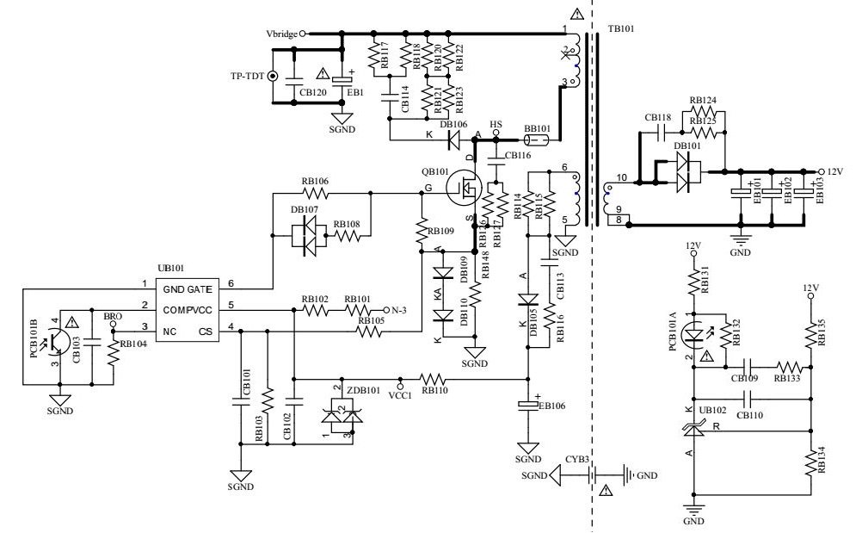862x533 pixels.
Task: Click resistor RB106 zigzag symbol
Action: pyautogui.click(x=315, y=194)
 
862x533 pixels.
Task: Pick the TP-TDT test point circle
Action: pyautogui.click(x=274, y=76)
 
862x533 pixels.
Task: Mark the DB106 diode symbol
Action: pyautogui.click(x=453, y=135)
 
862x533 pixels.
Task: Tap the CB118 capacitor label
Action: pyautogui.click(x=657, y=117)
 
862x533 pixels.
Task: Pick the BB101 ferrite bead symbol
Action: pyautogui.click(x=538, y=138)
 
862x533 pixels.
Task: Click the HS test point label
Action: pyautogui.click(x=496, y=123)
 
